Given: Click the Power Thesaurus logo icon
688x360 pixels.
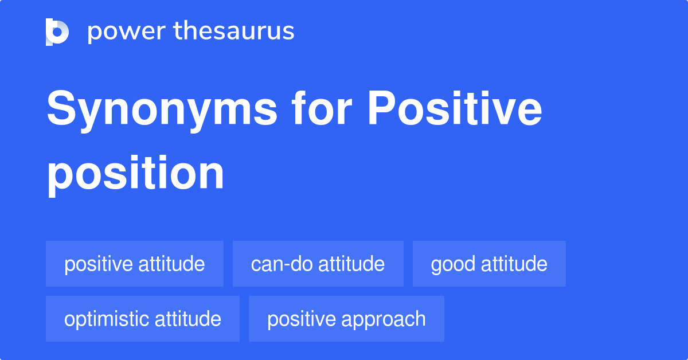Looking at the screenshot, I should tap(57, 32).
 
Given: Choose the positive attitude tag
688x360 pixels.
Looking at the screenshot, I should tap(135, 264).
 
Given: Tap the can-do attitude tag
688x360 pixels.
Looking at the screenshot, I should tap(318, 264).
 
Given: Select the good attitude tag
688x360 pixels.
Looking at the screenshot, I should tap(489, 264).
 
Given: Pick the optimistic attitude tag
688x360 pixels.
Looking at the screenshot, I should tap(143, 319).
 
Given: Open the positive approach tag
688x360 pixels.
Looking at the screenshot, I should tap(346, 319).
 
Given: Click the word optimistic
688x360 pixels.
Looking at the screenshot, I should tap(108, 319).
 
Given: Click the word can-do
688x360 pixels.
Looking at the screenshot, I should tap(282, 264).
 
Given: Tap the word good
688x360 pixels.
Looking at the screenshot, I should tap(453, 264).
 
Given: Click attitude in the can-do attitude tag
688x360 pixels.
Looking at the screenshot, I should tap(351, 264).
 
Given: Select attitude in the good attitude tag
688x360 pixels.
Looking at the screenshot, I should tap(514, 264).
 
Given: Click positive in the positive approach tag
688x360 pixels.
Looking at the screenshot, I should tap(303, 319).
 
